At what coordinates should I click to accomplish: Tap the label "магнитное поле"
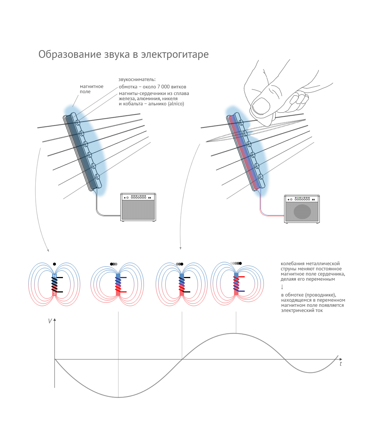[x=92, y=89]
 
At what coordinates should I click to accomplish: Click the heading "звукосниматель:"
[x=137, y=79]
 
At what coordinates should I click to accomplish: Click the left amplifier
[x=138, y=207]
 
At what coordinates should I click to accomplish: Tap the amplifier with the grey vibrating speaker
[x=302, y=209]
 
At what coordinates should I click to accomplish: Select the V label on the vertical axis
[x=50, y=321]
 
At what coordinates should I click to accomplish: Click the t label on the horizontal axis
[x=340, y=364]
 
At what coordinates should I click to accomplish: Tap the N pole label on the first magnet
[x=54, y=276]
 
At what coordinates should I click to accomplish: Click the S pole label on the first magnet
[x=54, y=294]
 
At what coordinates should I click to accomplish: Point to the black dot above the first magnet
[x=54, y=264]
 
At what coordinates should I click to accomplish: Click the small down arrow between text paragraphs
[x=282, y=287]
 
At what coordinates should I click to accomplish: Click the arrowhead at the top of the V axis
[x=54, y=319]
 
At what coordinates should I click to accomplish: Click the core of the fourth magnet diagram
[x=236, y=284]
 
